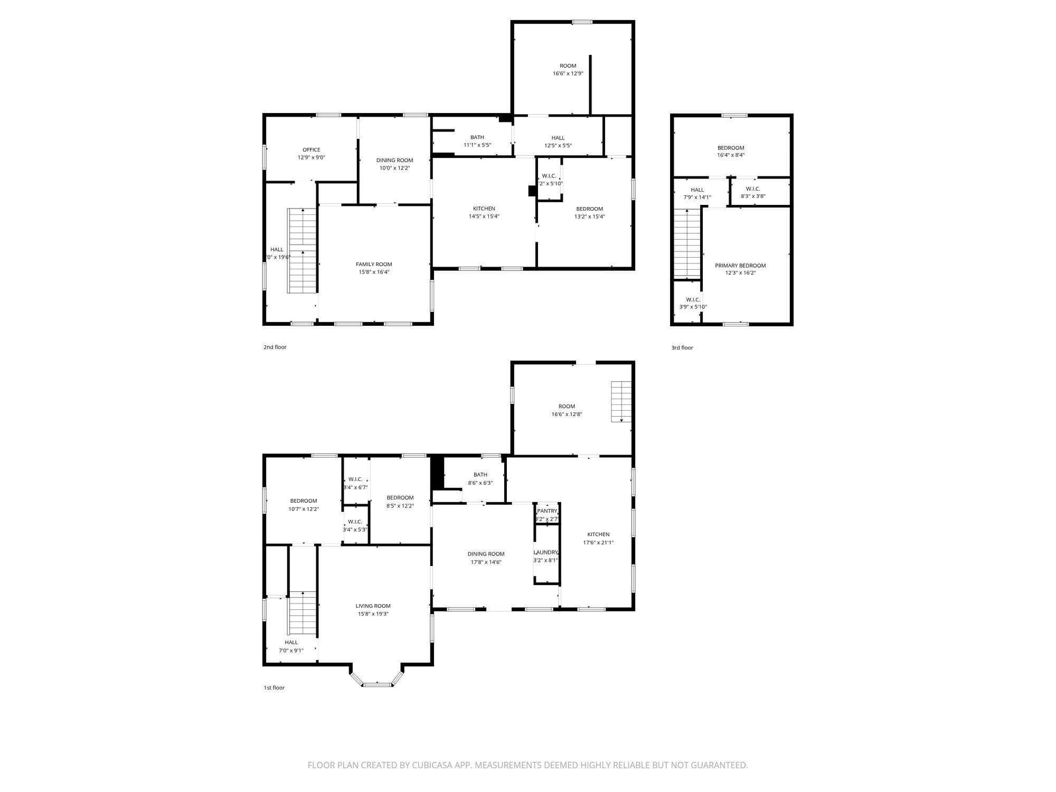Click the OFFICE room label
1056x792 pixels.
pos(311,150)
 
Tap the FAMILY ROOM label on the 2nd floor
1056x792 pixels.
pos(374,265)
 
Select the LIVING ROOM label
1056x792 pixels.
pos(373,606)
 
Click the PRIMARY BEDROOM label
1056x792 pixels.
pos(740,266)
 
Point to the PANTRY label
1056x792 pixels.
pos(547,511)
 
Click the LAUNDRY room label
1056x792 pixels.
pos(545,552)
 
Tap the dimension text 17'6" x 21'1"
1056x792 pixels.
pos(598,542)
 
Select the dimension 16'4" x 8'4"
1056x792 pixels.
pos(731,155)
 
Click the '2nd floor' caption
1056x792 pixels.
pos(275,347)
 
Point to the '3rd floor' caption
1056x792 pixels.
pos(682,348)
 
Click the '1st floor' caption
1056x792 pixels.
pos(274,688)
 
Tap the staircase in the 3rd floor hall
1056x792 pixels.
pos(686,243)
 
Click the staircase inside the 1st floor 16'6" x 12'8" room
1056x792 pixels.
pos(621,401)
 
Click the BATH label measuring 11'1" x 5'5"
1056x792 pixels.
pos(477,137)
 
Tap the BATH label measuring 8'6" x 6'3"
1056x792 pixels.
pos(480,475)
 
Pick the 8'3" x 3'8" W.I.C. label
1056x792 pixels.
pos(753,189)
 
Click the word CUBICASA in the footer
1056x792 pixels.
pos(442,765)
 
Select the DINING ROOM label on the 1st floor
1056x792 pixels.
pos(486,554)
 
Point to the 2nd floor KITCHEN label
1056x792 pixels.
pos(484,209)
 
